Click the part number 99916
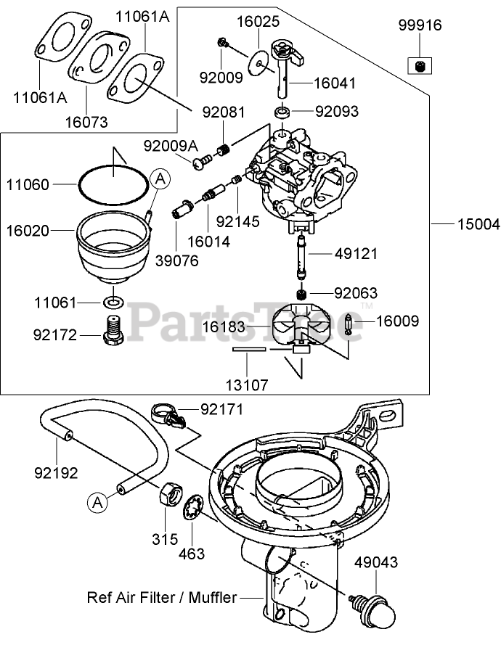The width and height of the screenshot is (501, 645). (419, 25)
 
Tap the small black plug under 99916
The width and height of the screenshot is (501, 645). (419, 67)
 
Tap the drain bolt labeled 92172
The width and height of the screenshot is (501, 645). (112, 334)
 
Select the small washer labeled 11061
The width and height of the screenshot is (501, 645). (113, 300)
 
